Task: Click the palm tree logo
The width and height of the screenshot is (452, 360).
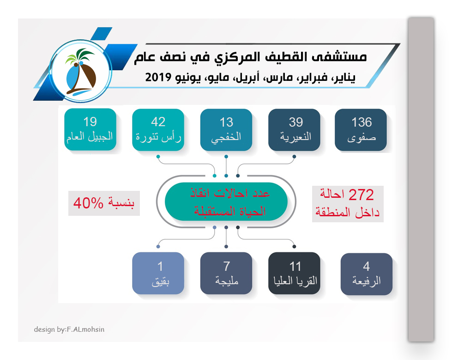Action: [x=80, y=71]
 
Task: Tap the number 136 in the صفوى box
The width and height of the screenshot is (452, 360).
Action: [x=362, y=122]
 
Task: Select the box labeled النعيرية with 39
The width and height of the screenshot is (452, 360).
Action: [x=294, y=130]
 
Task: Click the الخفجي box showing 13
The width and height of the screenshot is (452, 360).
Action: [x=226, y=130]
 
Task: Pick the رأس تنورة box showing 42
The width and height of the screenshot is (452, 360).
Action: [x=158, y=130]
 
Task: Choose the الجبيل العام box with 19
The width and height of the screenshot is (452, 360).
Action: [x=90, y=129]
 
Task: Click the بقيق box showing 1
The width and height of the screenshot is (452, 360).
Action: [x=158, y=273]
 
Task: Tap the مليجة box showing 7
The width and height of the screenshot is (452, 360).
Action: [x=226, y=273]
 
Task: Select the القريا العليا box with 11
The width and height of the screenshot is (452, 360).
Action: [x=294, y=273]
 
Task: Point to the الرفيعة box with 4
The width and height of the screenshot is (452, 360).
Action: [x=367, y=274]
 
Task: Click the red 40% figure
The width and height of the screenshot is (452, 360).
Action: [x=88, y=203]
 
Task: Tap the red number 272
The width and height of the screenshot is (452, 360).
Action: [x=361, y=195]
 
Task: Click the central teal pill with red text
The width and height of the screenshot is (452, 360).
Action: [x=226, y=201]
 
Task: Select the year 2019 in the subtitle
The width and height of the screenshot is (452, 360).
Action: [x=158, y=77]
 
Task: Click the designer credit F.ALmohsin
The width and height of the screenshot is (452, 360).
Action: [x=85, y=329]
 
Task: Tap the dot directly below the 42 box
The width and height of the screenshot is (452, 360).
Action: [x=158, y=157]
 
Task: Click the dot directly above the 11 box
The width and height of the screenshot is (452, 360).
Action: [x=294, y=247]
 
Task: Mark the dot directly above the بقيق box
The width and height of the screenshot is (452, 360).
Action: [x=158, y=247]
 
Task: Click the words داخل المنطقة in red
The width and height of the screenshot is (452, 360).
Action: [x=347, y=213]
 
